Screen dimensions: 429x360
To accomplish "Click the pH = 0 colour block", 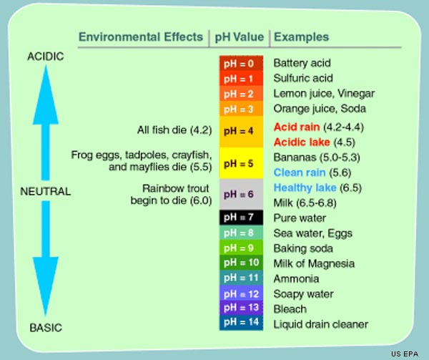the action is tap(241, 63).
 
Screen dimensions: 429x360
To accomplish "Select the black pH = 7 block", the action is tap(241, 218).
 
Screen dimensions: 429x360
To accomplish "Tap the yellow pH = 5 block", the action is tap(241, 163).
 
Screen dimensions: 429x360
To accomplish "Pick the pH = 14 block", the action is tap(241, 323).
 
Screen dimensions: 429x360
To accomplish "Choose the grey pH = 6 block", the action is tap(241, 195).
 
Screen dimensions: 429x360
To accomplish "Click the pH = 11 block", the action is tap(241, 278).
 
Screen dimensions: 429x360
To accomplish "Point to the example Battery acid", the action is tap(302, 63).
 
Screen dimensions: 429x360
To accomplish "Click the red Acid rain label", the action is tap(297, 127).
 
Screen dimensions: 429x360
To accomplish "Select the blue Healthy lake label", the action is tap(305, 188).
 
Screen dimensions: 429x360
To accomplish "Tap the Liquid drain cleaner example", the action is tap(320, 324).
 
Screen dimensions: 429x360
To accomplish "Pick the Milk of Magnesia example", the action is tap(314, 263).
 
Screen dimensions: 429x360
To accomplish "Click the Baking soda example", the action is tap(303, 248).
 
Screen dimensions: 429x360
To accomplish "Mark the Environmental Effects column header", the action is tap(141, 37).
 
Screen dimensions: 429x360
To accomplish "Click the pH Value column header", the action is tap(240, 37).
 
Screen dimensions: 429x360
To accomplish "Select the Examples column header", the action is tap(301, 37).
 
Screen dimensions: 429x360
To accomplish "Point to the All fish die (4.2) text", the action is tap(174, 130).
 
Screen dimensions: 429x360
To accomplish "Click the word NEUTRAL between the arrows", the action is tap(46, 191).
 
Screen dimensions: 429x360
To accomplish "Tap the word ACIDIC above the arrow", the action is tap(46, 57).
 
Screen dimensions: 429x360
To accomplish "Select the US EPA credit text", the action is tap(405, 354).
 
